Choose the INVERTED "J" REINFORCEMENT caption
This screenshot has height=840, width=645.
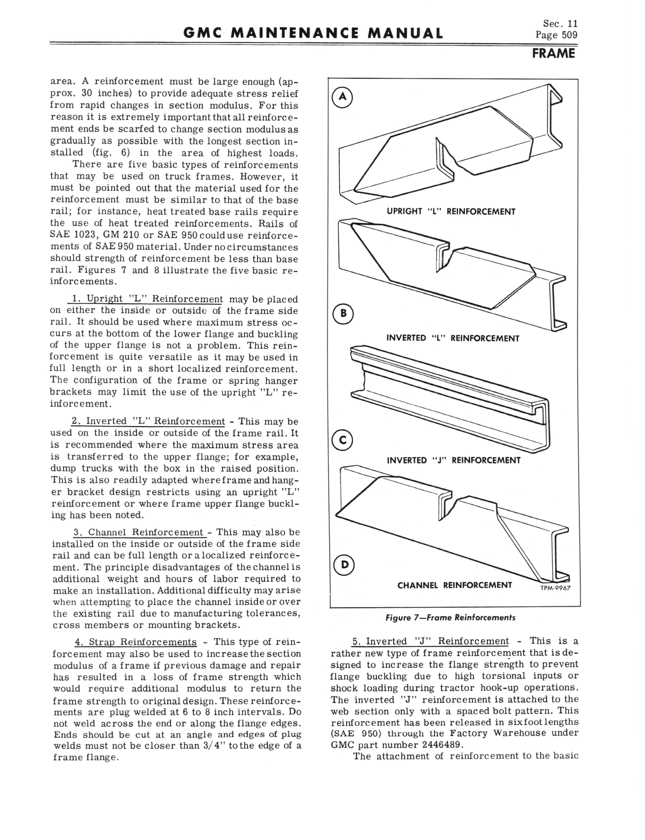[x=453, y=460]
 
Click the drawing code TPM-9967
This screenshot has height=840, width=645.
[x=555, y=588]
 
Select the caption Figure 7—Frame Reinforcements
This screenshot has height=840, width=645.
[x=450, y=617]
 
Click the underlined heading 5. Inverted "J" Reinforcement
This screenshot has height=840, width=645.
[x=430, y=642]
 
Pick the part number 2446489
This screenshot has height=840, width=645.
[x=443, y=745]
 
